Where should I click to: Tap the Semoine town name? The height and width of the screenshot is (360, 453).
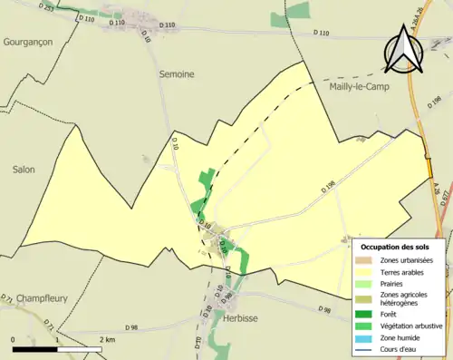178,74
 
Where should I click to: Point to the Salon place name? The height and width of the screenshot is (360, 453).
24,169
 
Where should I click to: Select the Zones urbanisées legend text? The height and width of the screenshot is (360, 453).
407,260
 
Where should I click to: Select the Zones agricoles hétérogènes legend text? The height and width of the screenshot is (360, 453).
404,298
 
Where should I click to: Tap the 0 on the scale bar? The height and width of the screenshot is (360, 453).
14,340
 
